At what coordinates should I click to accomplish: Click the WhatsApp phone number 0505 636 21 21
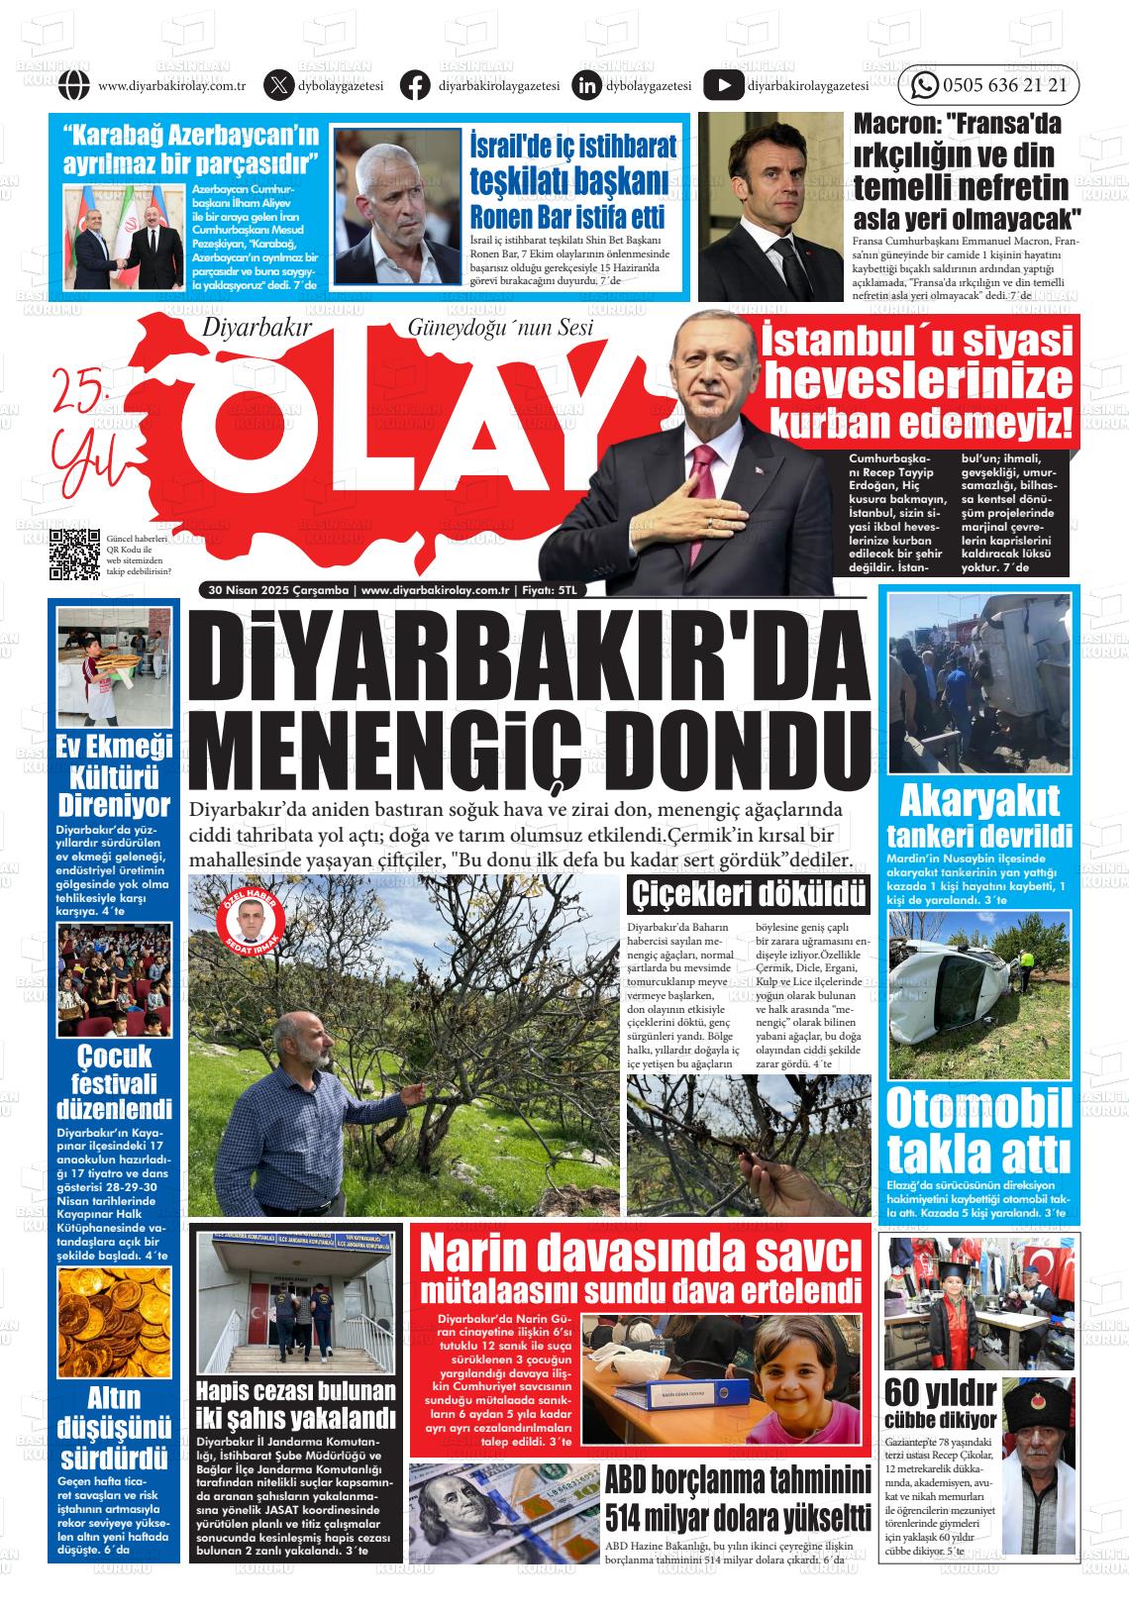coord(1004,86)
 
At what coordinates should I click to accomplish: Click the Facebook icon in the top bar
coord(415,86)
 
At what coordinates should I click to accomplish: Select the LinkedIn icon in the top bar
coord(586,86)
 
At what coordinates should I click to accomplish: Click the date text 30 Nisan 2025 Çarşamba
coord(278,590)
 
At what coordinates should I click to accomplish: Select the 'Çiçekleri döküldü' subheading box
coord(750,895)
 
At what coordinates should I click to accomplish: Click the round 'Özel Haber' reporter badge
coord(250,927)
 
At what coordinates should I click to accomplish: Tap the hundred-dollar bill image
coord(503,1512)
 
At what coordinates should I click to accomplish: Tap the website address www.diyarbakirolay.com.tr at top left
coord(172,87)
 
